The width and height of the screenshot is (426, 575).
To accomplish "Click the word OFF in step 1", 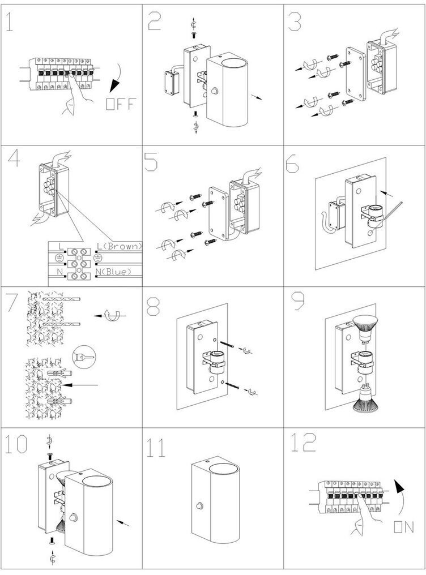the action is click(121, 104).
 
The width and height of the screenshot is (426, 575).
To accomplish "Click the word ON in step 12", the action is click(403, 527).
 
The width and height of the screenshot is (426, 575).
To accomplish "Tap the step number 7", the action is click(12, 302).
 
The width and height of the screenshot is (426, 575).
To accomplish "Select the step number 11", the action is click(156, 448).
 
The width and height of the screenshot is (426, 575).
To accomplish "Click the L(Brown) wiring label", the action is click(119, 246).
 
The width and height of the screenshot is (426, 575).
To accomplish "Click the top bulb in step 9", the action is click(366, 328).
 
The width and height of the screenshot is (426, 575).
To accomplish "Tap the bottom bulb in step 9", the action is click(366, 397).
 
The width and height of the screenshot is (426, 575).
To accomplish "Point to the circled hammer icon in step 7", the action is click(84, 356).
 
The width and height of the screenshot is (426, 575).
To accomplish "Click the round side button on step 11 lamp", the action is click(199, 506).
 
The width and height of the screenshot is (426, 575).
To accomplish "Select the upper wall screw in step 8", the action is click(228, 344).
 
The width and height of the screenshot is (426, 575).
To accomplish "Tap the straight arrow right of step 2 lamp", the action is click(256, 97).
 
